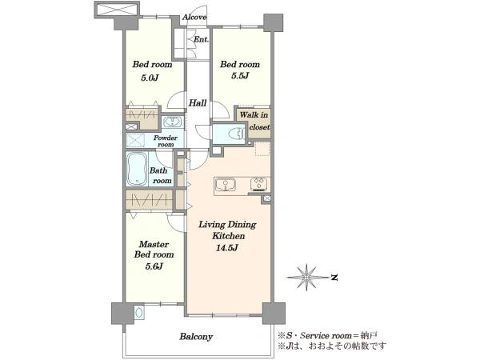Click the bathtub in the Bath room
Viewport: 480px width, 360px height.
[137, 169]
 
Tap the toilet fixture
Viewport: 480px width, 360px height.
[236, 134]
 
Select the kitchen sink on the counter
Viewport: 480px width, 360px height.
[226, 185]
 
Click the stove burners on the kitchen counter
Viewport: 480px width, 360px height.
[258, 184]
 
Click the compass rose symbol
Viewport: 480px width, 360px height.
[307, 278]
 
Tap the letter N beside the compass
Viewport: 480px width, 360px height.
[335, 278]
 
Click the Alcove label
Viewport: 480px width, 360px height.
[194, 17]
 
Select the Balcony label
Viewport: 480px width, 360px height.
[196, 337]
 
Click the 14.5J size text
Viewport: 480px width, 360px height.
[227, 248]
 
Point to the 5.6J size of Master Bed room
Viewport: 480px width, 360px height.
[154, 266]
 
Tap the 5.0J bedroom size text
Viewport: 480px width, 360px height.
[150, 78]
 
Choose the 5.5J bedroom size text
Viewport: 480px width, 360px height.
[240, 76]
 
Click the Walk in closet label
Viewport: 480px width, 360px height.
[254, 121]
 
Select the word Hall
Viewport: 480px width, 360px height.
[198, 103]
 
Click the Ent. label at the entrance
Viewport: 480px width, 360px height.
[201, 39]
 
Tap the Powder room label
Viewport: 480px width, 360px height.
[166, 141]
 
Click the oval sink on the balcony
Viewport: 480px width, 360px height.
[139, 313]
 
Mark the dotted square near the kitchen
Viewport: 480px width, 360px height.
[262, 149]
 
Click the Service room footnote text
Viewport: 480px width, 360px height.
[327, 335]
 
